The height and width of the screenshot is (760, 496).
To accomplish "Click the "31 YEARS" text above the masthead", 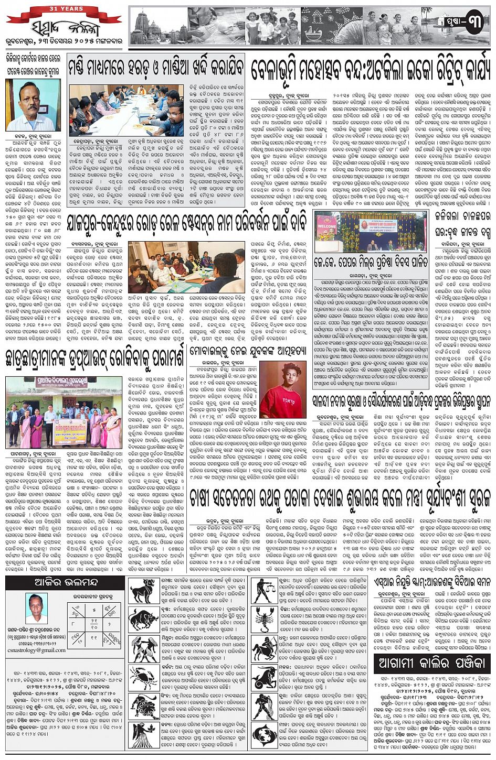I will (x=64, y=9).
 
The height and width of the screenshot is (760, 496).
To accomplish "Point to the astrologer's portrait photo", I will (x=36, y=608).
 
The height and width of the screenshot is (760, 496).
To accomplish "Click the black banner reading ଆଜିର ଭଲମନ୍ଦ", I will (x=65, y=583).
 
